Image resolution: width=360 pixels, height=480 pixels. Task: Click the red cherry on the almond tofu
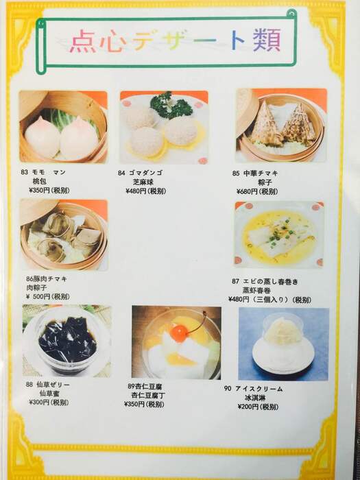179,333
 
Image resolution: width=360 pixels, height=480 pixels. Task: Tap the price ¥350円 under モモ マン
39,191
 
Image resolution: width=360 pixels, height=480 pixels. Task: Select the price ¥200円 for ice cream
248,407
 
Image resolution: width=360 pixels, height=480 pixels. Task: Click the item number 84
121,173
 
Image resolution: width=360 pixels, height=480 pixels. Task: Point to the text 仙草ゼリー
51,385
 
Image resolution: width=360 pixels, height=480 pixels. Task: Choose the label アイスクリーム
259,389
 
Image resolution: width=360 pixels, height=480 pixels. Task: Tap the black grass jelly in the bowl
67,339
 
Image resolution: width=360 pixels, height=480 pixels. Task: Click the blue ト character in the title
237,41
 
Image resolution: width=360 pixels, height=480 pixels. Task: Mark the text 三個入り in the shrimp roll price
269,300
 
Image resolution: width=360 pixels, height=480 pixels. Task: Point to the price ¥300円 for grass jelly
39,403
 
